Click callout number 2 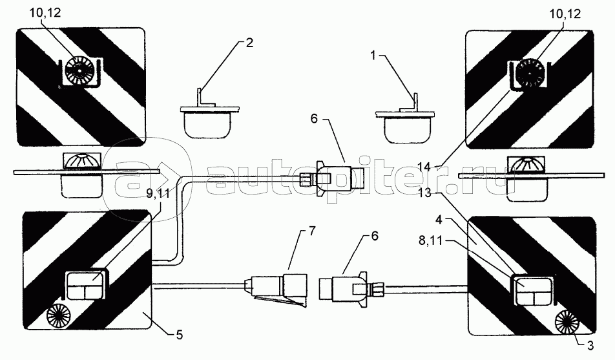pos(249,43)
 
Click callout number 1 pos(373,56)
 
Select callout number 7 pos(311,231)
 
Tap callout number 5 pos(179,335)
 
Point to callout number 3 pos(590,346)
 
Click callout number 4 pos(439,220)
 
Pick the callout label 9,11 pos(159,194)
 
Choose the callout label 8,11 pos(430,240)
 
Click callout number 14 pos(424,167)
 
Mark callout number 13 pos(424,193)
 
